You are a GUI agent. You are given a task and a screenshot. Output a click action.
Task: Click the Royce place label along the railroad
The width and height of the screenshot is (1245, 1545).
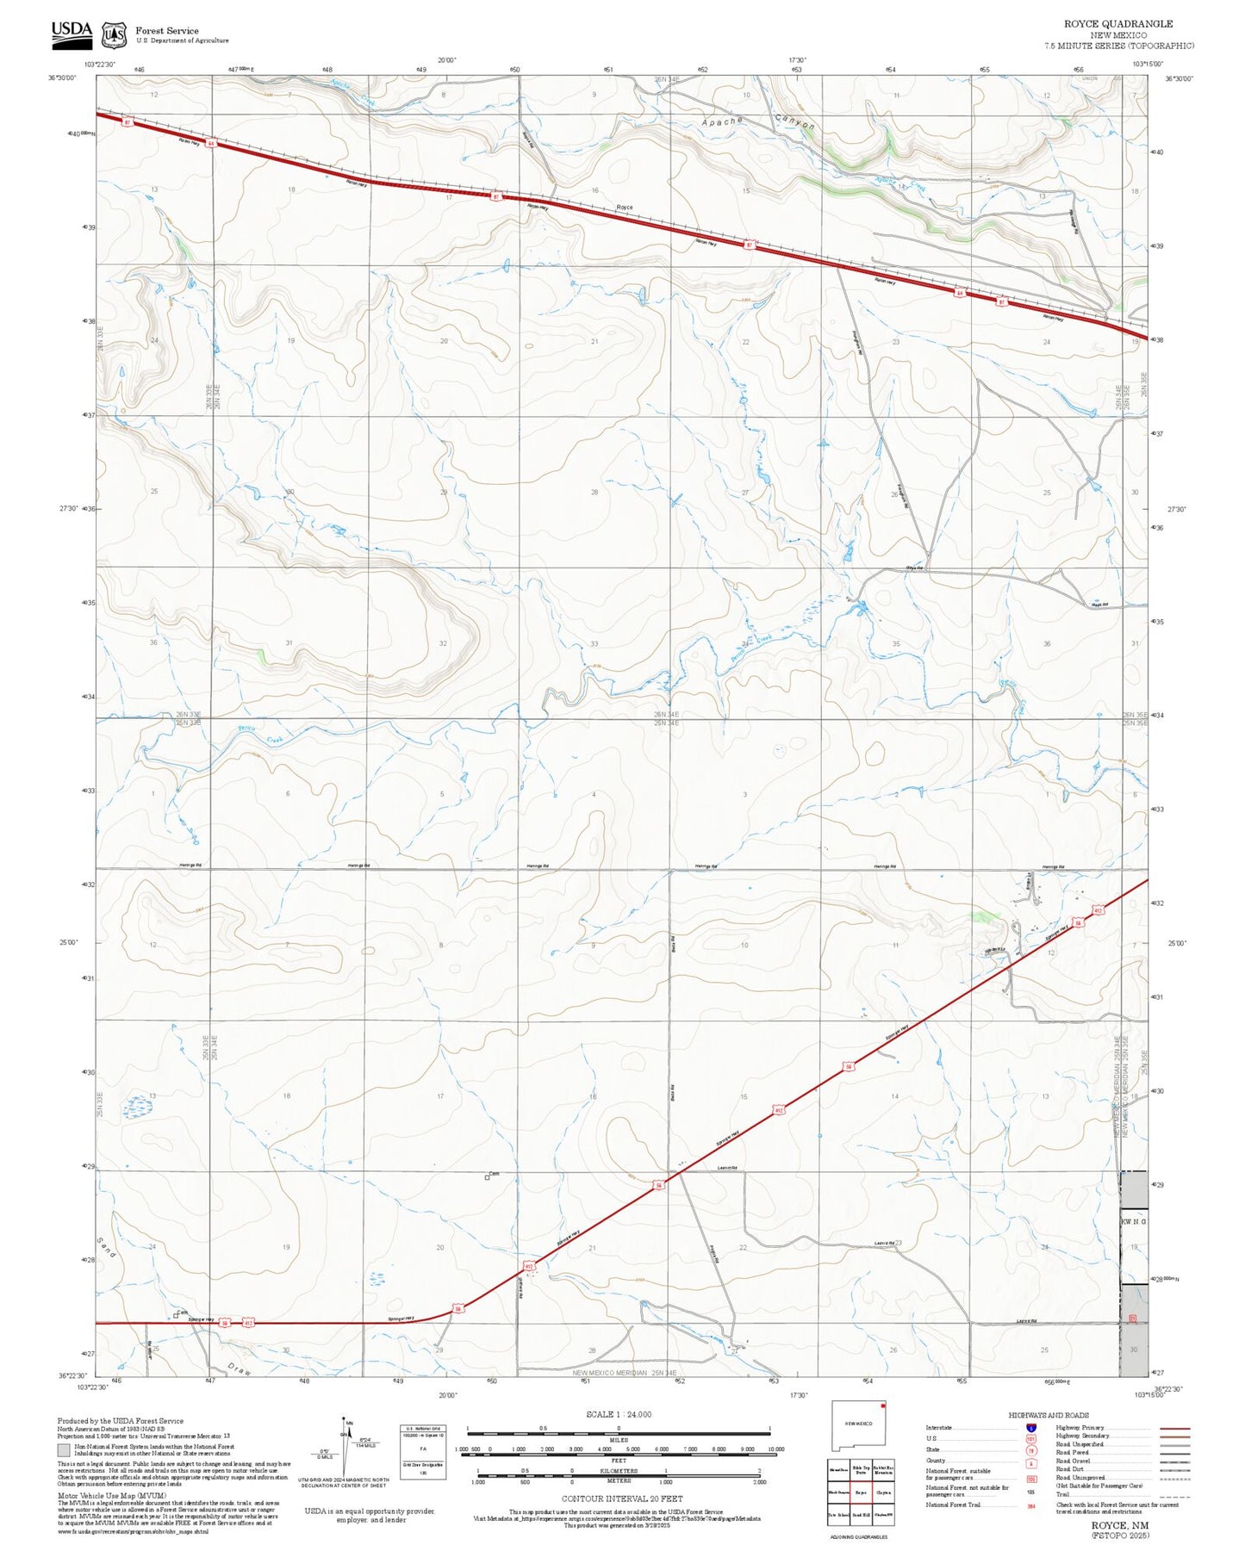pos(625,208)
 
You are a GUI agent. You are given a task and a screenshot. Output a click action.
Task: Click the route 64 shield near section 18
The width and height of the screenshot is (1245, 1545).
pos(210,143)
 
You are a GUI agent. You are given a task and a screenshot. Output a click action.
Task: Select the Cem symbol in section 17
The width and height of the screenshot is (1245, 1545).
pos(488,1177)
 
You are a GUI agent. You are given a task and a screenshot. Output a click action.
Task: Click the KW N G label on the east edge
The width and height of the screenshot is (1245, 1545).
pos(1133,1222)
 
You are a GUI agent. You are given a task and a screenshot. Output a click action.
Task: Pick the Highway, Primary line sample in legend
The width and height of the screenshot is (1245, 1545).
pos(1174,1428)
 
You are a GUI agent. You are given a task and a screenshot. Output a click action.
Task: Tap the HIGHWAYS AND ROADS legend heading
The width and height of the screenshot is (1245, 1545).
pos(1049,1415)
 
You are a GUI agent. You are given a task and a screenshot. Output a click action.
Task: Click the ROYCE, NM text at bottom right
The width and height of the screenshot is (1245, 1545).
pos(1119,1525)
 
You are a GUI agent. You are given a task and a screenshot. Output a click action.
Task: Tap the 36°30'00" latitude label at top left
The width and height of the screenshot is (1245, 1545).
pos(62,78)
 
